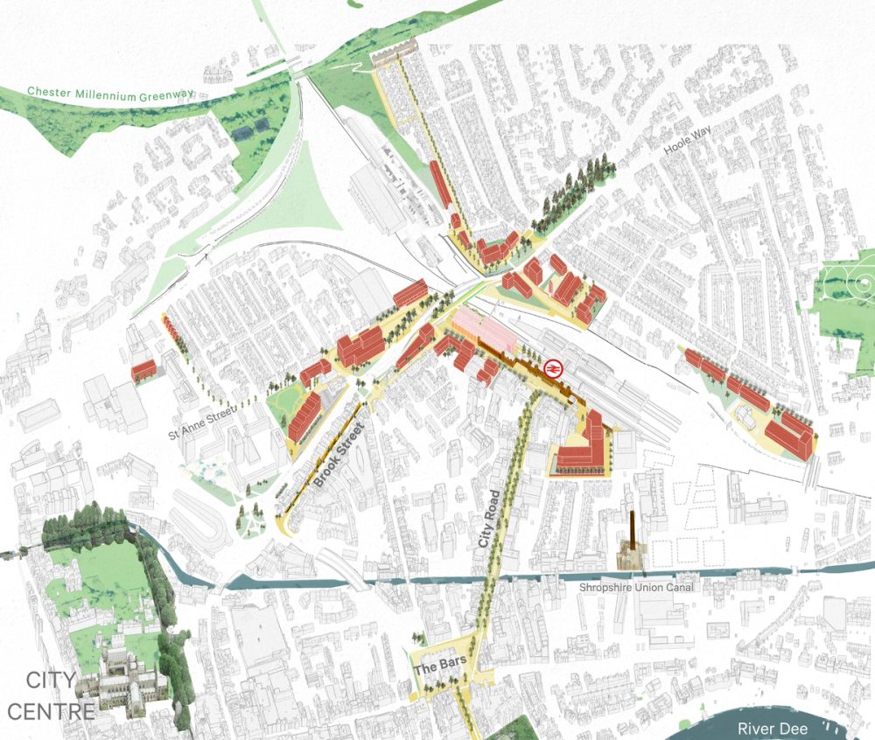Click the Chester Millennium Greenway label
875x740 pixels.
pos(101,93)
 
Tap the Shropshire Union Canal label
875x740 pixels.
pos(637,587)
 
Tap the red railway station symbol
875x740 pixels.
pos(553,368)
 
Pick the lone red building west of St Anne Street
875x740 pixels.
pos(143,370)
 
